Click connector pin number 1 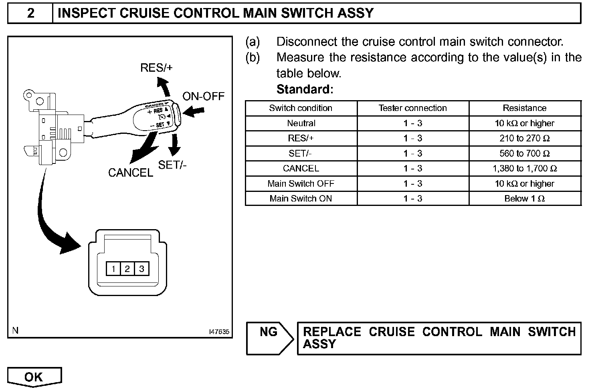tap(113, 269)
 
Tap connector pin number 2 tap(127, 269)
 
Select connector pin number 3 tap(141, 269)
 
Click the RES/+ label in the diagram tap(156, 68)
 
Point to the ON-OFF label tap(203, 96)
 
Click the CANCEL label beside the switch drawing tap(131, 173)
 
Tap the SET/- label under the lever tap(172, 165)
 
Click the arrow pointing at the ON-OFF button tap(194, 111)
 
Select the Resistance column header tap(524, 108)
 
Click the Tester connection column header tap(412, 108)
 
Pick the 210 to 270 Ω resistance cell tap(524, 139)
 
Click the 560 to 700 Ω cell tap(524, 153)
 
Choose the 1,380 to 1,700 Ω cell tap(524, 169)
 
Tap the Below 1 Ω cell tap(524, 199)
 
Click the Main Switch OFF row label tap(301, 184)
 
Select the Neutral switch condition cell tap(301, 123)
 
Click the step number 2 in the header tap(30, 13)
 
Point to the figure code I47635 tap(219, 332)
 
